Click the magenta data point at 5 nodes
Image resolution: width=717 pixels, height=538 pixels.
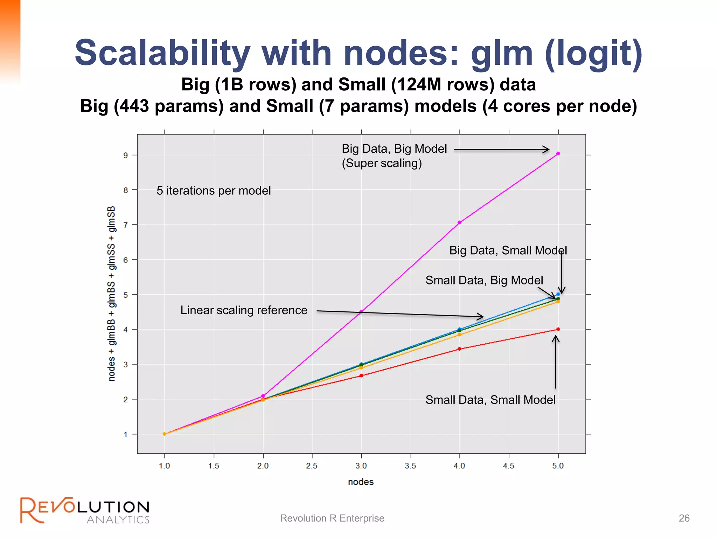[x=558, y=153]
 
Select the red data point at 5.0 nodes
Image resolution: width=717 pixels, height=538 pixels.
[x=558, y=329]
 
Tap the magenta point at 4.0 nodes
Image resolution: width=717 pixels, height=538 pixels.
[x=460, y=222]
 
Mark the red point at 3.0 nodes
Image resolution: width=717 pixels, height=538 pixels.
[x=361, y=375]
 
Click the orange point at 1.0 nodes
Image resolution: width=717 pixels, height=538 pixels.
[x=165, y=434]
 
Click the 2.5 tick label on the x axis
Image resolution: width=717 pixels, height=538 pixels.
[x=312, y=466]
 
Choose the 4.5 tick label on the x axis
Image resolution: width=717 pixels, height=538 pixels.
[x=509, y=466]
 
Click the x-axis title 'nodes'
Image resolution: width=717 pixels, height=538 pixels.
[x=361, y=482]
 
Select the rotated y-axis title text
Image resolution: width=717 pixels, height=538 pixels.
[x=111, y=294]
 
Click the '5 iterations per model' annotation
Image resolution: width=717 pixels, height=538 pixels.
[x=214, y=191]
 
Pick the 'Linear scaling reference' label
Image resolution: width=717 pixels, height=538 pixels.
[x=244, y=310]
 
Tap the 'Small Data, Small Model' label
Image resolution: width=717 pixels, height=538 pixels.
[x=490, y=400]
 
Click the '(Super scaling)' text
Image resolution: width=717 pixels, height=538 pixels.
[x=382, y=163]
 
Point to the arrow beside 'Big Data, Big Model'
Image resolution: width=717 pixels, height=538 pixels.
[x=501, y=150]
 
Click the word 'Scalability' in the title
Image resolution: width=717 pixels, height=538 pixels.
[x=162, y=53]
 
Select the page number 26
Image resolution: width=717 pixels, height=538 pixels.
[x=684, y=518]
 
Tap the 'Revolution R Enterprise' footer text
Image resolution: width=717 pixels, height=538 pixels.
[x=332, y=518]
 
